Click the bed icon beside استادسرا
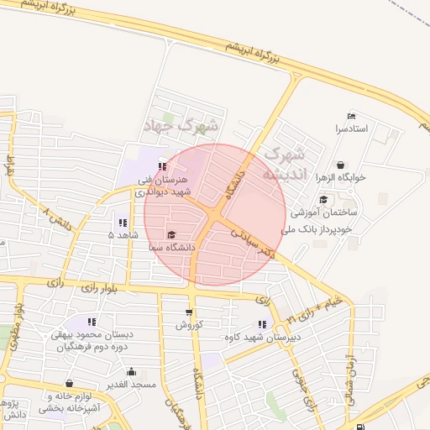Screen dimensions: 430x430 click(351, 116)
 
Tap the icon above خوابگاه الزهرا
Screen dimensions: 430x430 click(340, 165)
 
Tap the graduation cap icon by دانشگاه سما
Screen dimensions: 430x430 click(172, 235)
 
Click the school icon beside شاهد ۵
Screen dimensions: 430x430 click(123, 223)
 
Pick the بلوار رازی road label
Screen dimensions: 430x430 click(97, 288)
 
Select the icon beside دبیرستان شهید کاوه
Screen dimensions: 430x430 click(263, 324)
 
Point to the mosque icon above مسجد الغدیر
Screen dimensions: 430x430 click(131, 371)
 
